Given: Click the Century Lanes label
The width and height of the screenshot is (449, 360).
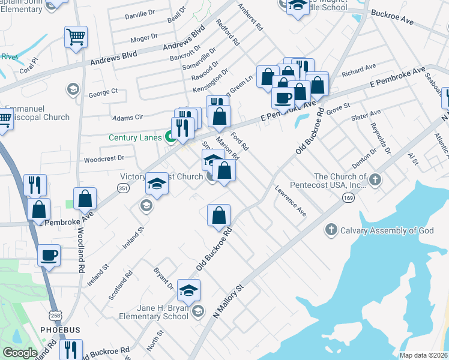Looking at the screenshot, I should pyautogui.click(x=135, y=137).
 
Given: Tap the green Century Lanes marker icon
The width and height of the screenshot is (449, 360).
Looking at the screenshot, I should pyautogui.click(x=170, y=137).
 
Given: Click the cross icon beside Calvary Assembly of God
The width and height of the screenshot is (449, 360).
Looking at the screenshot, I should pyautogui.click(x=331, y=230).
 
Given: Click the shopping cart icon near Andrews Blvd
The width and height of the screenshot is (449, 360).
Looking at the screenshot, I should pyautogui.click(x=76, y=37).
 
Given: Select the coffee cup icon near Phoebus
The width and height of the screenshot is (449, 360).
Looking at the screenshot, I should pyautogui.click(x=49, y=255).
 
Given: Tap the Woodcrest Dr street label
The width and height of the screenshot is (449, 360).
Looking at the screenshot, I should pyautogui.click(x=104, y=159).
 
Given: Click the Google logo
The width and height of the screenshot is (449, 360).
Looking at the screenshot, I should pyautogui.click(x=20, y=353).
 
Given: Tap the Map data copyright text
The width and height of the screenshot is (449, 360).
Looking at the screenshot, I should pyautogui.click(x=423, y=355).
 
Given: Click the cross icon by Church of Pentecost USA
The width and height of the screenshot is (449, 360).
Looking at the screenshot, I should pyautogui.click(x=375, y=179).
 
